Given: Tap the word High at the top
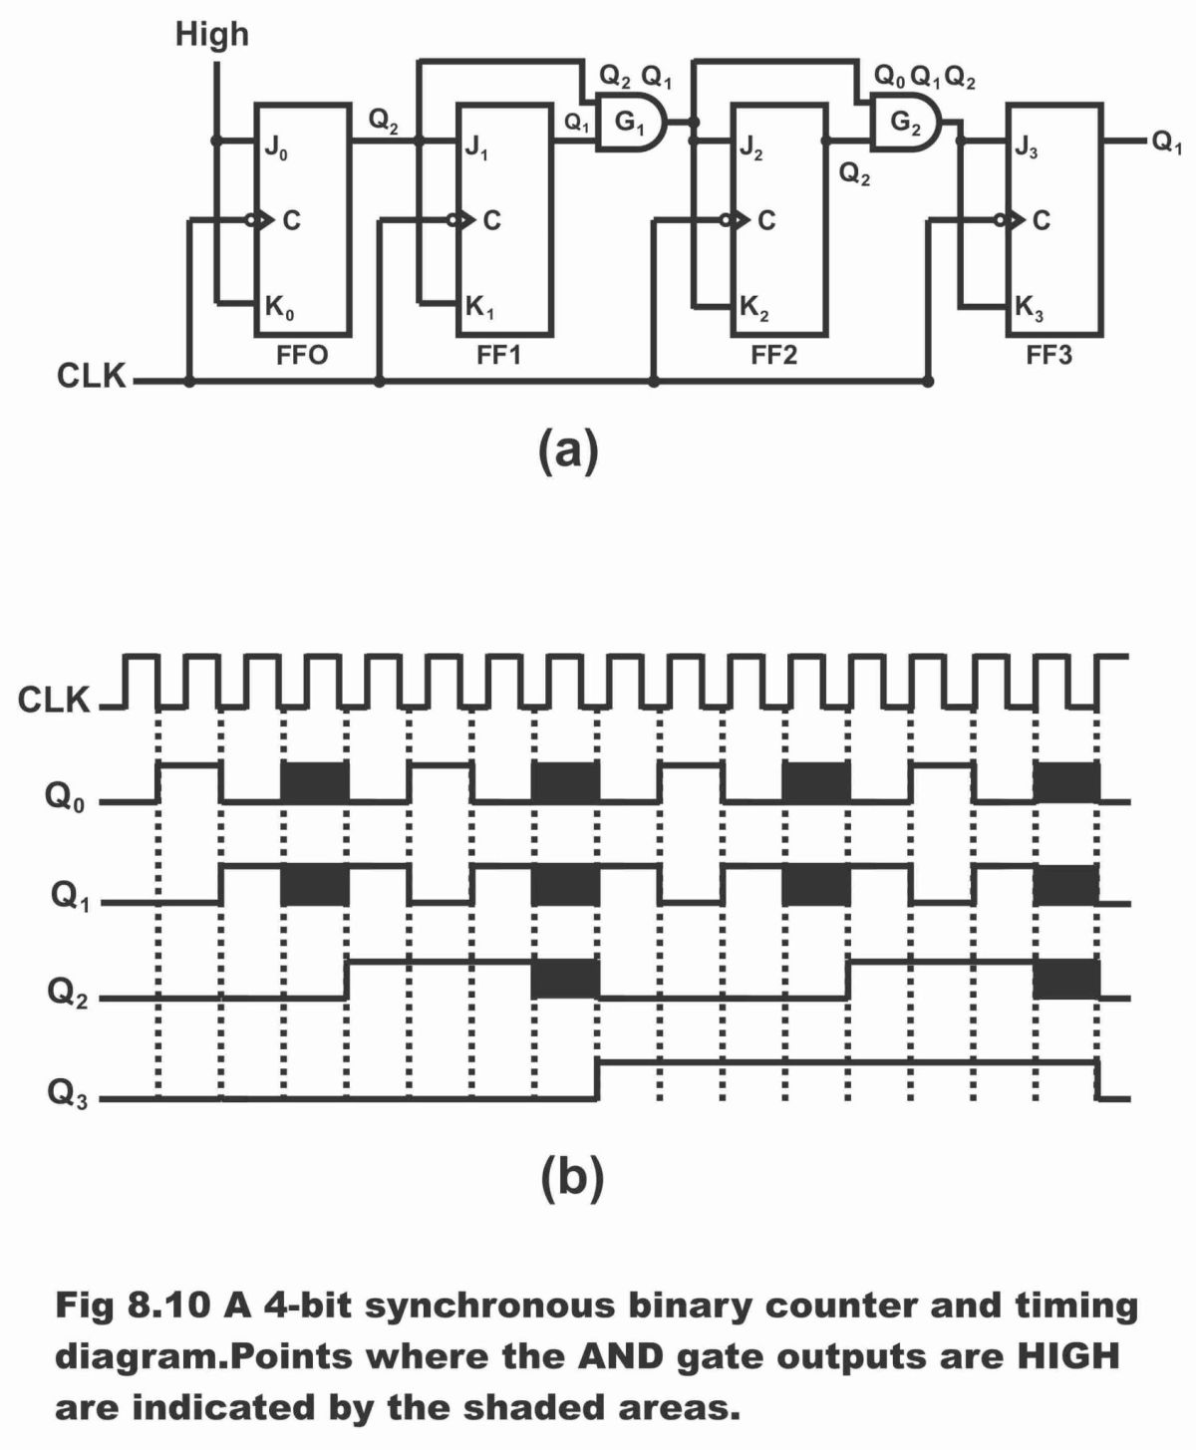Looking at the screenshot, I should tap(211, 35).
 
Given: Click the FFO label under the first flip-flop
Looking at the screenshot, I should tap(301, 356).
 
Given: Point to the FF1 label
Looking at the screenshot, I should tap(498, 356).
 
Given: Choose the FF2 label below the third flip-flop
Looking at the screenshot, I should tap(773, 356).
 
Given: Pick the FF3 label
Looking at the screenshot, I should tap(1048, 356).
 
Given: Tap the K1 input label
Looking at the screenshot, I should tap(480, 309).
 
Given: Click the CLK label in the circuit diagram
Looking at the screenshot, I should tap(92, 378).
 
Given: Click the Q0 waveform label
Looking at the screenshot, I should tap(65, 799).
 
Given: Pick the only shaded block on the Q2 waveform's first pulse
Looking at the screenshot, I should tap(565, 979).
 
